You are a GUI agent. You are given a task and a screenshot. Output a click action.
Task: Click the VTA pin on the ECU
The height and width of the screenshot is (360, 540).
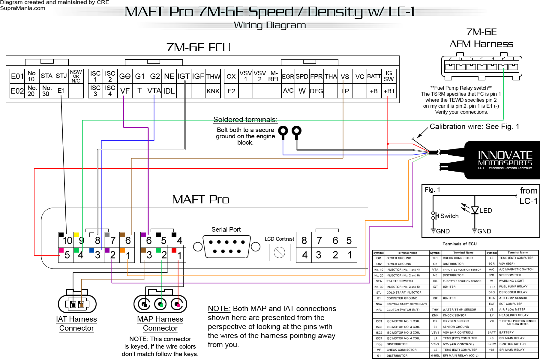click(x=154, y=91)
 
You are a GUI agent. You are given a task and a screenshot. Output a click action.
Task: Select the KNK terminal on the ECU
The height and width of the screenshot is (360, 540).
click(x=213, y=91)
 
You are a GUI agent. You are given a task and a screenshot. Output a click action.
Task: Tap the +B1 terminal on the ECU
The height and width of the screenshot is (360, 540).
click(x=389, y=91)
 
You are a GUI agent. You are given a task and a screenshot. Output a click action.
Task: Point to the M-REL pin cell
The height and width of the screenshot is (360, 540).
click(x=274, y=76)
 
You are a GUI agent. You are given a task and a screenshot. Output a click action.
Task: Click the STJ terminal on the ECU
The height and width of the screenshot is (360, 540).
click(x=61, y=76)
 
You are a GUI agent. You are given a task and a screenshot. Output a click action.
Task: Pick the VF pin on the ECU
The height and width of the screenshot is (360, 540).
click(x=125, y=91)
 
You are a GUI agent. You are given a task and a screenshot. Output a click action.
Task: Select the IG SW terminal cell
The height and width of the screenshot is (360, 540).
click(x=389, y=76)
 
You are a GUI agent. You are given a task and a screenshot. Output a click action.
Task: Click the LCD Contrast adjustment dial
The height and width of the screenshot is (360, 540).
click(x=280, y=252)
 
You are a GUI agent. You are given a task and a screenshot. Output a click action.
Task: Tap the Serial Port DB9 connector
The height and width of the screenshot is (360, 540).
click(x=226, y=247)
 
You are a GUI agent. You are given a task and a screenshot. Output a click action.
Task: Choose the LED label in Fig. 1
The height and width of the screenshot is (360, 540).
click(x=486, y=211)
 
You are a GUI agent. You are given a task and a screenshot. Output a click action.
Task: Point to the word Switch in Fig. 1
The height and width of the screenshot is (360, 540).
click(x=449, y=216)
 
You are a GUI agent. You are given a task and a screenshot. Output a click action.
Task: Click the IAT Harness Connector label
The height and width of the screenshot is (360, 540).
click(x=76, y=324)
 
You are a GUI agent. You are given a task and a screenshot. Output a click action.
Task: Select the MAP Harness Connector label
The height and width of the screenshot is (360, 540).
click(x=160, y=324)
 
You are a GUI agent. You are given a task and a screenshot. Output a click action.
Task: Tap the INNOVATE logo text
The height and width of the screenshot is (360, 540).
click(x=505, y=155)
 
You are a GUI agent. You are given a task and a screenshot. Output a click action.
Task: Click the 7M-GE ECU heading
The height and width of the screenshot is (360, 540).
click(x=198, y=47)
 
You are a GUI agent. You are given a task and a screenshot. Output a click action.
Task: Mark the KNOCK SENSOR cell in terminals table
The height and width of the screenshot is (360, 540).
click(x=454, y=315)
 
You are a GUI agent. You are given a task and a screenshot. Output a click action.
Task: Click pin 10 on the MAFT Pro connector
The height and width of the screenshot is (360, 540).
click(x=66, y=240)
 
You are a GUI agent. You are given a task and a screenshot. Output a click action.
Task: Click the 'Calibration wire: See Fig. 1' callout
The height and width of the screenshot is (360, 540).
click(x=474, y=127)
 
